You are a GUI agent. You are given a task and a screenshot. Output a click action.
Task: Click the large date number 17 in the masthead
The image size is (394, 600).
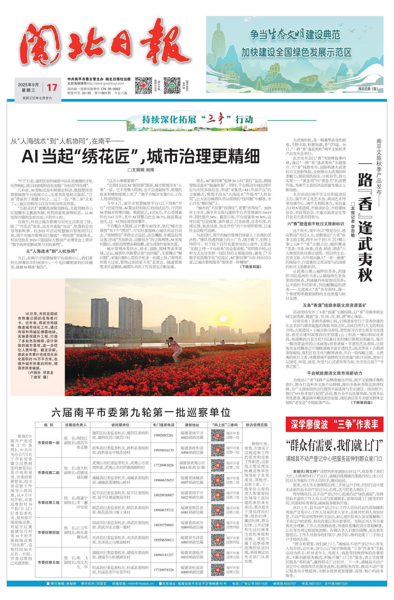coord(52,87)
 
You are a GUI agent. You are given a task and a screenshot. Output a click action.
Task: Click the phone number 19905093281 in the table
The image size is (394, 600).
coord(163,435)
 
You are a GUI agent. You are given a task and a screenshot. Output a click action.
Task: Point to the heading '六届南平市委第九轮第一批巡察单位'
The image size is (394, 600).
coord(141,413)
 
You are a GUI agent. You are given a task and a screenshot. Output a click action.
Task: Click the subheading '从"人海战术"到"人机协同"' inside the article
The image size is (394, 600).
coord(52,252)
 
